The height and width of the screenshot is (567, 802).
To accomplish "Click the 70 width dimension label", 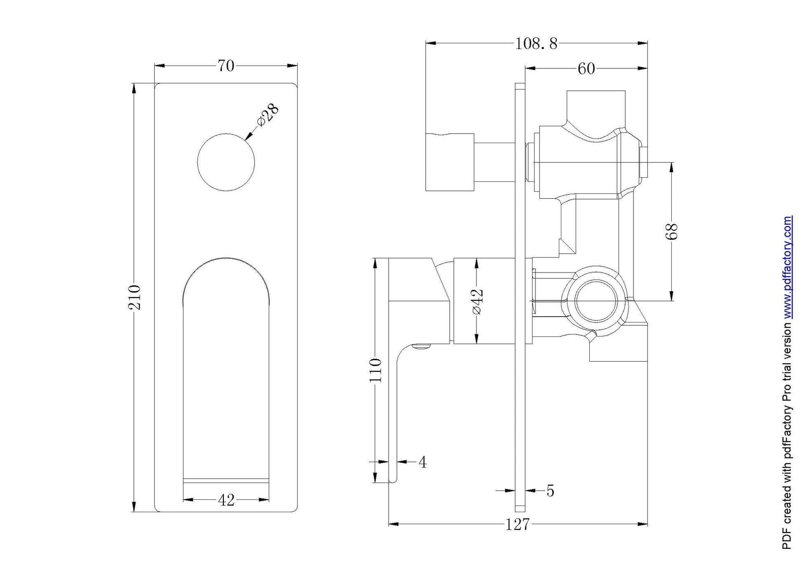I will point(225,66).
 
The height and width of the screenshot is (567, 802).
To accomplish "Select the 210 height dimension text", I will point(134,297).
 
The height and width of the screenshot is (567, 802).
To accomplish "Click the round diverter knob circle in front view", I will point(226,162).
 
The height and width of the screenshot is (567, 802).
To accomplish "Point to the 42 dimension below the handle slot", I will point(226,500).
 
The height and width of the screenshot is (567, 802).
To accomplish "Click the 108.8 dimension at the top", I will point(536,43).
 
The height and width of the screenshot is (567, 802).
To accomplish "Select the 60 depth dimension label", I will point(586,68).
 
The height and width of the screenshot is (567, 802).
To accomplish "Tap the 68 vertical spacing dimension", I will point(671,231).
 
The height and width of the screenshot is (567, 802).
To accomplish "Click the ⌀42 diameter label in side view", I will point(476,301).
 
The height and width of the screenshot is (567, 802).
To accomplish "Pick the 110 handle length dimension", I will point(375,370).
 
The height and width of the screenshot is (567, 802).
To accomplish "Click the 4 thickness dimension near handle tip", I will point(422,462).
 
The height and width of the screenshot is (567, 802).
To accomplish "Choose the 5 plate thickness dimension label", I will point(550,491).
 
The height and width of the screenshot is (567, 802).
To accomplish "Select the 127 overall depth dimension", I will point(517,525).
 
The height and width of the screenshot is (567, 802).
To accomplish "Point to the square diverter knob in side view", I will point(449,162).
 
